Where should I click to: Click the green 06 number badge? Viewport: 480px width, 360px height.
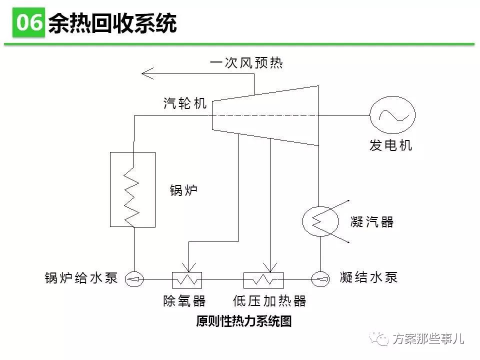(29, 23)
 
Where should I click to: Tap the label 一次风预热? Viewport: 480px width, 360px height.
(246, 63)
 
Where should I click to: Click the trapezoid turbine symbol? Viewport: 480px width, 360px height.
(265, 115)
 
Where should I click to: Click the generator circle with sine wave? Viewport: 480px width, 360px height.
(392, 115)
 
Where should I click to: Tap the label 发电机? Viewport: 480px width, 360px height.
(391, 146)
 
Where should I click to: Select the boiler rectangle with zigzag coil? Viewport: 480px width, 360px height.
(132, 189)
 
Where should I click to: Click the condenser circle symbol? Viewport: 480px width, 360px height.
(318, 220)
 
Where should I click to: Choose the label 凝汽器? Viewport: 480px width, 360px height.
(372, 222)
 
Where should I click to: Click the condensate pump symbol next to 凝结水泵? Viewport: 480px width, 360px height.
(319, 279)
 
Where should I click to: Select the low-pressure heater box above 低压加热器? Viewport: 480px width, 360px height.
(263, 279)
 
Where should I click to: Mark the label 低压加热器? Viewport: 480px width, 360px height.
(269, 301)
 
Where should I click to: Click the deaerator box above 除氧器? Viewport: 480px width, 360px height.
(187, 279)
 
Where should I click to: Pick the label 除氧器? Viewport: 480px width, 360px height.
(184, 301)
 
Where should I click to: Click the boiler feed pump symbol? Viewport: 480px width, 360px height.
(134, 279)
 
